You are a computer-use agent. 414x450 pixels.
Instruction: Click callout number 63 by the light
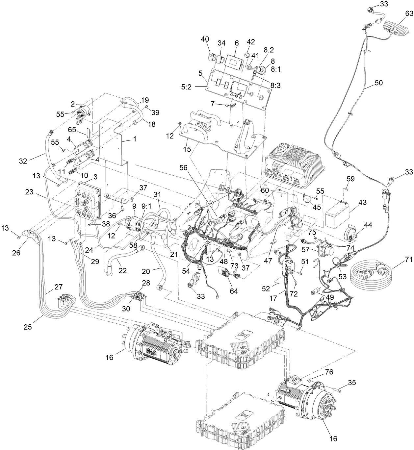pos(408,13)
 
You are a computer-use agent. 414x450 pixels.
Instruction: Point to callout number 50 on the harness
pos(378,83)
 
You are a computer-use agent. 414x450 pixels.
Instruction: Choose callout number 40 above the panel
pos(205,39)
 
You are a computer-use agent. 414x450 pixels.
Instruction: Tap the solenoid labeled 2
pos(82,112)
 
